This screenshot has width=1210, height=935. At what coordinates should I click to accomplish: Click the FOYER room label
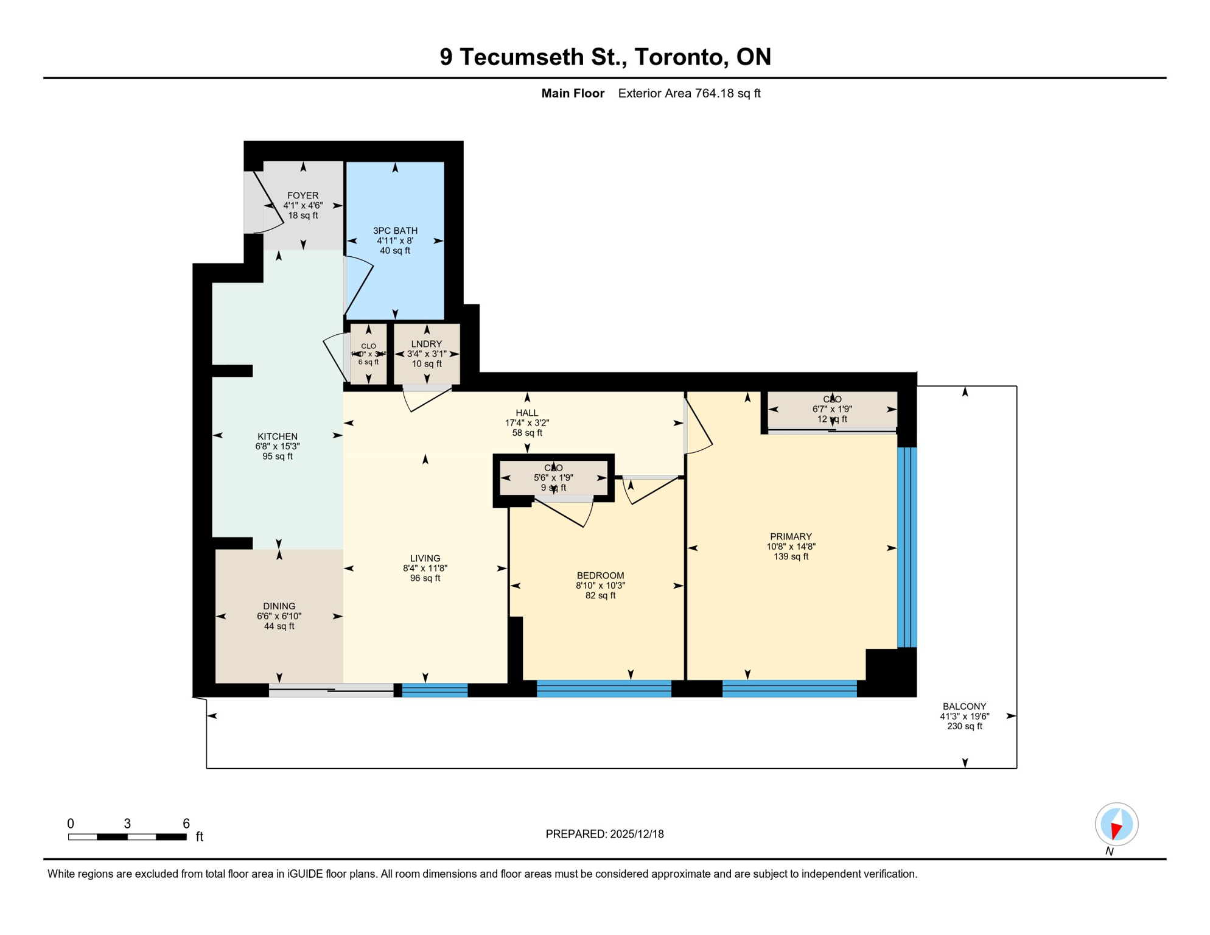[x=302, y=195]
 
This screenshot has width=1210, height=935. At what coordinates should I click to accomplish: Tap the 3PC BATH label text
[x=395, y=231]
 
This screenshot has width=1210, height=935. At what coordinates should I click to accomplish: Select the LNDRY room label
[x=426, y=344]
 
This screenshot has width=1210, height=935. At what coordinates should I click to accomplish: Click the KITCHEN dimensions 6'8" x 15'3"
[x=278, y=446]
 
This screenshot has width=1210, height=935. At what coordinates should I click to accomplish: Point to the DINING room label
[x=279, y=606]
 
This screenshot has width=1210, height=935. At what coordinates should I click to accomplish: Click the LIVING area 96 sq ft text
[x=425, y=578]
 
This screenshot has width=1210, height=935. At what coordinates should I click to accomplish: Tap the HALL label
[x=526, y=413]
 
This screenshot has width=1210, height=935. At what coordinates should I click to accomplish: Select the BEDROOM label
[x=600, y=575]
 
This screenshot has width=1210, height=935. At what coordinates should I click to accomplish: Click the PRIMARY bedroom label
[x=791, y=536]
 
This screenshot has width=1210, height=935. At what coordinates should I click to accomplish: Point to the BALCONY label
[x=964, y=706]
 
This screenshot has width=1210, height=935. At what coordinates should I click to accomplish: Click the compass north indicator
[x=1116, y=825]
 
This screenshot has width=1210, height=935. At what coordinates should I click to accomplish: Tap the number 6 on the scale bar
[x=186, y=824]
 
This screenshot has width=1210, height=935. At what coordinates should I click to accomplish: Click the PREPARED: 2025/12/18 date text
[x=604, y=834]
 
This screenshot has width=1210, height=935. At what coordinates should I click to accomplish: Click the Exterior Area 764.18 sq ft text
[x=689, y=93]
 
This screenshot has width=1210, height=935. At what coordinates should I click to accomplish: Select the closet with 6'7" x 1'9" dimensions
[x=831, y=410]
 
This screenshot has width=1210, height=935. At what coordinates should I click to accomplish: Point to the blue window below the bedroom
[x=604, y=688]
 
